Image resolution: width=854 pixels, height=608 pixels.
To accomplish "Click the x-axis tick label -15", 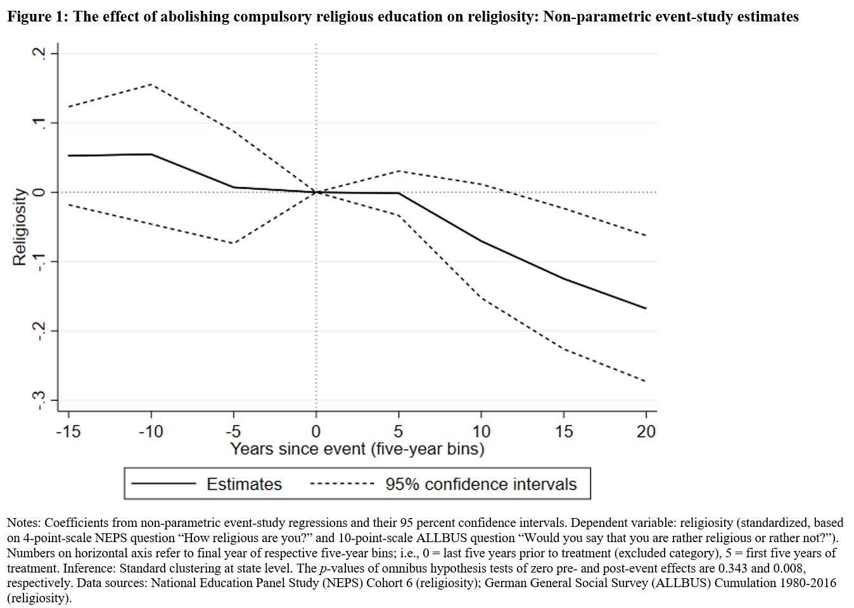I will (x=68, y=431).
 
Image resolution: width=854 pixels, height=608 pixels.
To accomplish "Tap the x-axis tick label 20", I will (x=646, y=431).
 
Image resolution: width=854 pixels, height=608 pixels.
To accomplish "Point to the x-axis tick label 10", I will (x=481, y=431).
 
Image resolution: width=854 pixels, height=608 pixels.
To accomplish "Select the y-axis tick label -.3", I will (x=39, y=400).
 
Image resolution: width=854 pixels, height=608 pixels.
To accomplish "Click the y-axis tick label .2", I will (x=39, y=53).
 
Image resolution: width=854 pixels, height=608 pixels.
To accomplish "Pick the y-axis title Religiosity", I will (x=20, y=227).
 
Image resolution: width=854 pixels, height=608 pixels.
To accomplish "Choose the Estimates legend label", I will (x=244, y=484).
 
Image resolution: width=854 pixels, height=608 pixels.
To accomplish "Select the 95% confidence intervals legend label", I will (x=481, y=484).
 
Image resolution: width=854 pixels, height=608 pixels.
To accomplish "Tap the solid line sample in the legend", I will (x=164, y=484).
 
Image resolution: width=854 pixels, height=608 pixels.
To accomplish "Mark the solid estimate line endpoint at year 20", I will (x=646, y=308).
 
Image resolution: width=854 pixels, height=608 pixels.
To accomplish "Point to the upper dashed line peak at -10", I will (x=151, y=84).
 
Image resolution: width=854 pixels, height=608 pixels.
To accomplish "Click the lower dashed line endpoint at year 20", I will (x=646, y=381).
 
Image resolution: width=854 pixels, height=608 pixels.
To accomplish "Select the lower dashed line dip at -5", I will (x=234, y=243).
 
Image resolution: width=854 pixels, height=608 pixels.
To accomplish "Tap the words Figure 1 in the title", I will (x=37, y=16).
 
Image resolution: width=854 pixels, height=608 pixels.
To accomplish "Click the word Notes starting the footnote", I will (x=23, y=523).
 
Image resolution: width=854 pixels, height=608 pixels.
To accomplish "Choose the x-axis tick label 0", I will (x=315, y=431).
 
